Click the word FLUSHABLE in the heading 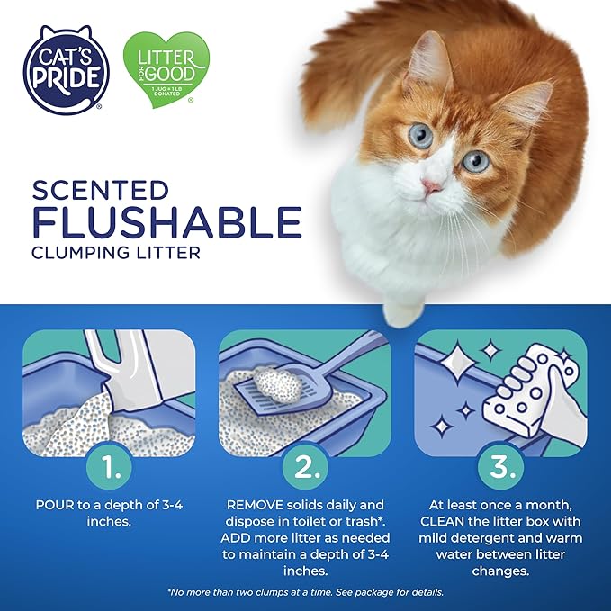(x=166, y=222)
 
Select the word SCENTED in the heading (x=100, y=191)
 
